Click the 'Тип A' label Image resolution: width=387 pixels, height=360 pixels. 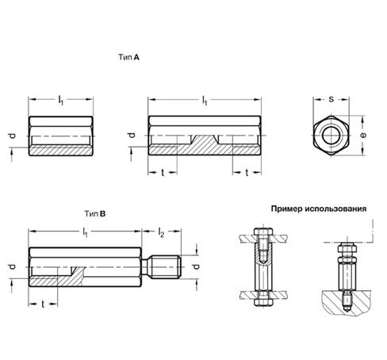click(x=130, y=58)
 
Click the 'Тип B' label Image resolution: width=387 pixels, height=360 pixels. click(x=96, y=214)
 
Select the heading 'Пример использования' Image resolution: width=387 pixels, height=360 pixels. click(x=317, y=210)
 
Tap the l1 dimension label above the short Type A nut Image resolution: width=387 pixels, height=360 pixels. click(x=60, y=100)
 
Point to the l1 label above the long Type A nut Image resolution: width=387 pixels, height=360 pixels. click(x=205, y=100)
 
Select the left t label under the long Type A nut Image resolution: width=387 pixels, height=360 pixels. click(x=163, y=171)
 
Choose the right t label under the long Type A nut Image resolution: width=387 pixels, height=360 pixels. click(x=247, y=171)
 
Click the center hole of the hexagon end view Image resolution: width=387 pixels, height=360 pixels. click(x=330, y=136)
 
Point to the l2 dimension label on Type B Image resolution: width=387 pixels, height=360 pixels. click(x=161, y=232)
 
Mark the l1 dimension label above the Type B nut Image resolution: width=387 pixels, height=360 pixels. click(x=85, y=232)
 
